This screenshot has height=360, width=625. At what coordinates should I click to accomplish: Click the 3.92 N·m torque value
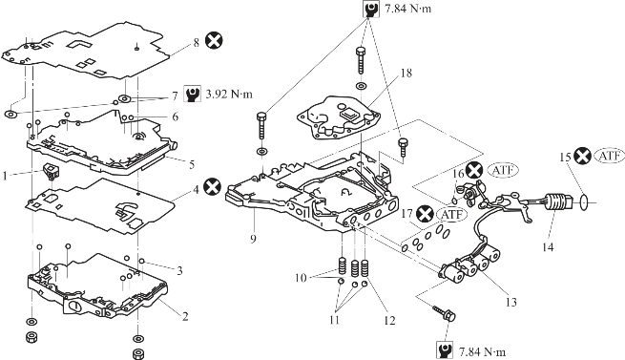(x=229, y=95)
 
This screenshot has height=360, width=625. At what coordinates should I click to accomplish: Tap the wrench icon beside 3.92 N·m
(x=192, y=94)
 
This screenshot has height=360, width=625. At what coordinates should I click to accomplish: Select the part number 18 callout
(x=406, y=73)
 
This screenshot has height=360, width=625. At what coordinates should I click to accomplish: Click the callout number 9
(x=253, y=239)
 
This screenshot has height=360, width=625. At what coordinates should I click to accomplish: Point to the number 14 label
(x=548, y=247)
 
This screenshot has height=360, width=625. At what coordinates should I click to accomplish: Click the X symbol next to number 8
(x=214, y=41)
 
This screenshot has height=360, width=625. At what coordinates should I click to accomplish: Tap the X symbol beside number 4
(x=212, y=187)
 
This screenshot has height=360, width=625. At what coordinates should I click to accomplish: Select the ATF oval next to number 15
(x=609, y=156)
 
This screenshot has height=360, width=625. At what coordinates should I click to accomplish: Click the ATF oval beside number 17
(x=451, y=215)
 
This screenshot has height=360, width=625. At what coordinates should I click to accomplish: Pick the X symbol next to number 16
(x=474, y=171)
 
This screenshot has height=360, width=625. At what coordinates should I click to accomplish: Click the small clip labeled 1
(x=52, y=171)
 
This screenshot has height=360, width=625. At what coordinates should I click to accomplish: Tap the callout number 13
(x=510, y=302)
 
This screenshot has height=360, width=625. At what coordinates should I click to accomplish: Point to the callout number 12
(x=389, y=320)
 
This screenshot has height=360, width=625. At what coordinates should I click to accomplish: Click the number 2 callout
(x=185, y=316)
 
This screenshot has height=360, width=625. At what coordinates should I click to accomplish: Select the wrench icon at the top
(x=370, y=9)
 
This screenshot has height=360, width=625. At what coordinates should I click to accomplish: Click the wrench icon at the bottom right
(x=445, y=350)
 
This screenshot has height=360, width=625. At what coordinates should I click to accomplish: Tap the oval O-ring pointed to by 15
(x=584, y=202)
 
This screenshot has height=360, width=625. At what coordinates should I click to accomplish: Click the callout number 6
(x=175, y=116)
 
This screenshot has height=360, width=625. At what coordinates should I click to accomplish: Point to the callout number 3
(x=179, y=271)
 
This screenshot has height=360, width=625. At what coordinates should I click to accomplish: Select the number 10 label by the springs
(x=301, y=277)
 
